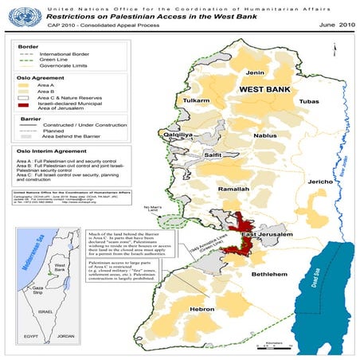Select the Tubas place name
click(309, 102)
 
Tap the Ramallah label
click(234, 189)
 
